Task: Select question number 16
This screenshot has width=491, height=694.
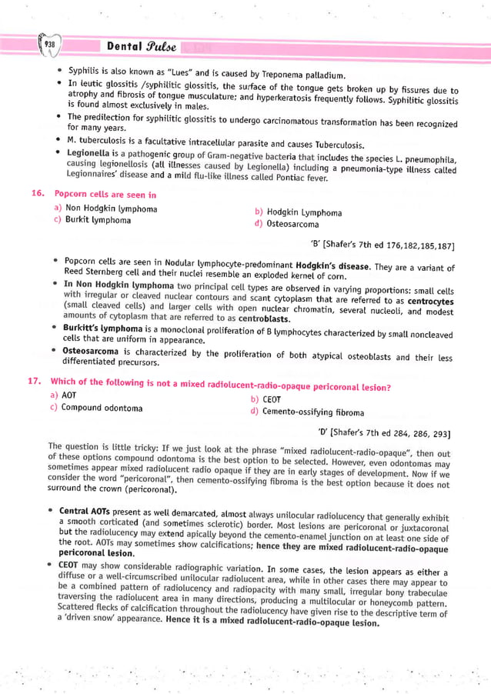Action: click(x=36, y=195)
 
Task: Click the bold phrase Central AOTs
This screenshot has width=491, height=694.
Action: click(x=86, y=511)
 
